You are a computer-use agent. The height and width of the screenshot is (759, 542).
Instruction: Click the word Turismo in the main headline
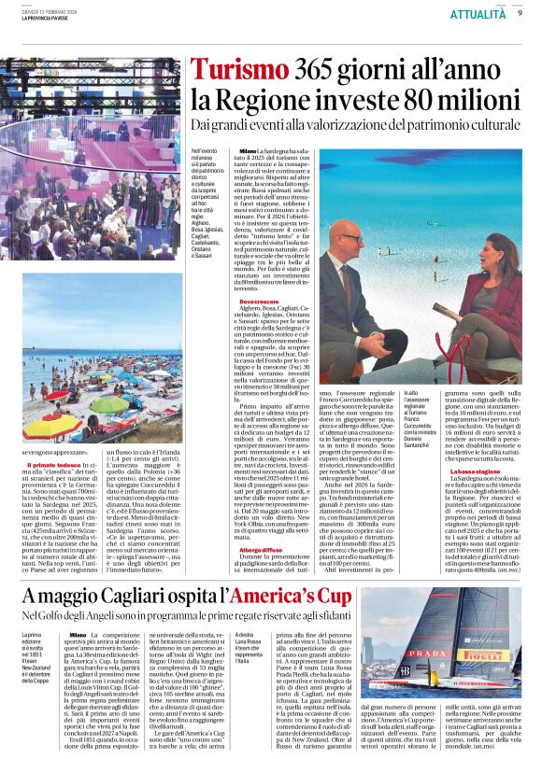click(237, 71)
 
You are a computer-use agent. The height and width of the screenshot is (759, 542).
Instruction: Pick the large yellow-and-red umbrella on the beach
click(51, 426)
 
